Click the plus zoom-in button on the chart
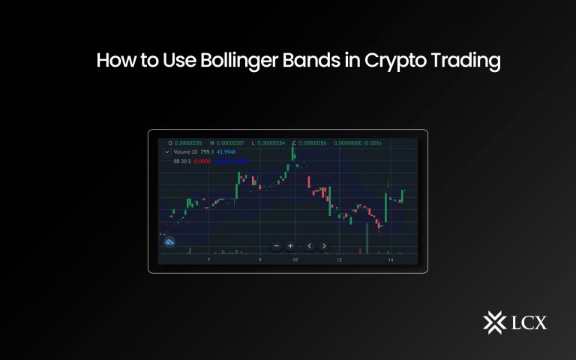pos(290,246)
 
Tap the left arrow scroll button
pos(310,246)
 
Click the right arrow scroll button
pos(324,246)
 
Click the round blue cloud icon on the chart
pos(169,241)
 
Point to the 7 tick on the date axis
pos(208,260)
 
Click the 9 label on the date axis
pos(259,260)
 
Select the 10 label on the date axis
pos(295,260)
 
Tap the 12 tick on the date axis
pos(339,260)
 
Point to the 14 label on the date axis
pos(391,260)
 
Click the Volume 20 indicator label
pos(186,151)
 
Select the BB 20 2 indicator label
pos(181,160)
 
